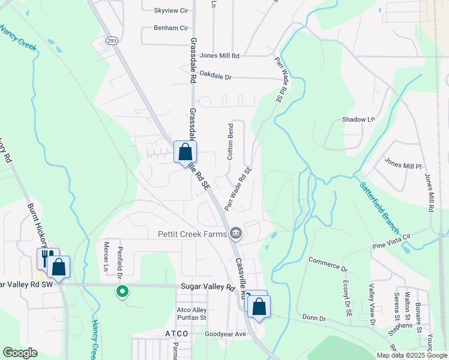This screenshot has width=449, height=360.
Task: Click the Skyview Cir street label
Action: click(171, 11)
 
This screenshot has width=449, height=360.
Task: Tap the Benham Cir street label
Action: click(171, 28)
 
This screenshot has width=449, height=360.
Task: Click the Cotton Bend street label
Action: click(230, 142)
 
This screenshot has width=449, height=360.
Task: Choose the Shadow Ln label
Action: click(358, 119)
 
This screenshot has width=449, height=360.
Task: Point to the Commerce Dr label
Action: click(328, 264)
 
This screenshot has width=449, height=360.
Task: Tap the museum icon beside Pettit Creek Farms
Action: click(235, 233)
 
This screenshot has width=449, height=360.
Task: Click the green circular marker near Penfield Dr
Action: click(122, 292)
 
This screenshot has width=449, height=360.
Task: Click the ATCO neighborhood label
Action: click(176, 333)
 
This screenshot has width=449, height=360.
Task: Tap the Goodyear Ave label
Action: click(226, 334)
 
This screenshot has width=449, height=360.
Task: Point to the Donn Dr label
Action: click(313, 317)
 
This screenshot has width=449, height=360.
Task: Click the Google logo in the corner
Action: click(20, 352)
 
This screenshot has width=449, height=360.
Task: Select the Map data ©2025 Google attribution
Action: click(411, 355)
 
